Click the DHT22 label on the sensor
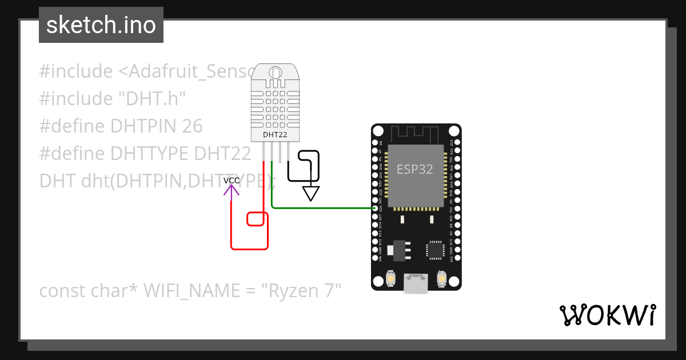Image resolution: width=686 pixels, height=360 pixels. tap(274, 135)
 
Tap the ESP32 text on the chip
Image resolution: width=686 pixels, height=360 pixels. tap(415, 169)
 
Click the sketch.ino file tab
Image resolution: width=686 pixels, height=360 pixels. tap(101, 25)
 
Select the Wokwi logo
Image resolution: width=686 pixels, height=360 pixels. tap(607, 315)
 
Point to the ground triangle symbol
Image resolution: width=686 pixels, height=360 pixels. tap(310, 194)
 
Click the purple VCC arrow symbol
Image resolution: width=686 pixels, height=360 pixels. tap(231, 190)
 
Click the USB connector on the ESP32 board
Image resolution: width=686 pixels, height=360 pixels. tap(416, 283)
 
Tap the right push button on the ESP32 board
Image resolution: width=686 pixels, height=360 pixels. tap(441, 278)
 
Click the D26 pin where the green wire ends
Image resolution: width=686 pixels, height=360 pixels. tap(376, 208)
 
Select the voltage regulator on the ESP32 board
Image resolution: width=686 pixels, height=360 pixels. tap(398, 250)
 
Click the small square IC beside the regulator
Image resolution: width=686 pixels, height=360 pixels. tap(435, 250)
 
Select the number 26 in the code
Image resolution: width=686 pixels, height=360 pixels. tap(192, 126)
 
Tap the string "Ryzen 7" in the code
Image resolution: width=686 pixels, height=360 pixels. tap(301, 291)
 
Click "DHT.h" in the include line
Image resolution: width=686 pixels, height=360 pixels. tap(152, 98)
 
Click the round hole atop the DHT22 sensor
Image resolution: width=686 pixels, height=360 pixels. tap(275, 73)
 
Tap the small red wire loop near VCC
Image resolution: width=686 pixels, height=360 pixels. tap(257, 219)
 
